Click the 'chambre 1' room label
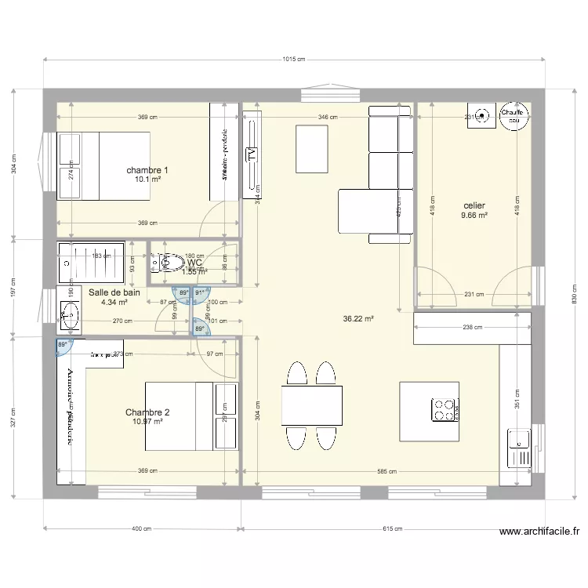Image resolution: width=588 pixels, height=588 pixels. [x=147, y=170]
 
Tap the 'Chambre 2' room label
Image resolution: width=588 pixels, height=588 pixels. [x=147, y=412]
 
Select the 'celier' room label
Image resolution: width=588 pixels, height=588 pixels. [x=474, y=205]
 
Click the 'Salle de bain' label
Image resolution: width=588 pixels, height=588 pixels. [x=114, y=292]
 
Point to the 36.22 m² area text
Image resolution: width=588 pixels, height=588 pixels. [x=358, y=319]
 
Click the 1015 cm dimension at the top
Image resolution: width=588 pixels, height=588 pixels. [x=293, y=60]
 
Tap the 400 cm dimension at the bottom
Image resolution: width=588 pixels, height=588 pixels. [x=142, y=528]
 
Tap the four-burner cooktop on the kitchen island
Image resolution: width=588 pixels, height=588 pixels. [x=443, y=408]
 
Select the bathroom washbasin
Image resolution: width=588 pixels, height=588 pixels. [x=69, y=317]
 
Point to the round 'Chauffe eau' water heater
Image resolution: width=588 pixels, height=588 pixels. [x=514, y=117]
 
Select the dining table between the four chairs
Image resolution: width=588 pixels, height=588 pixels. [x=311, y=405]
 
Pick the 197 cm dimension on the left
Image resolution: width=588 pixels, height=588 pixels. [x=11, y=287]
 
